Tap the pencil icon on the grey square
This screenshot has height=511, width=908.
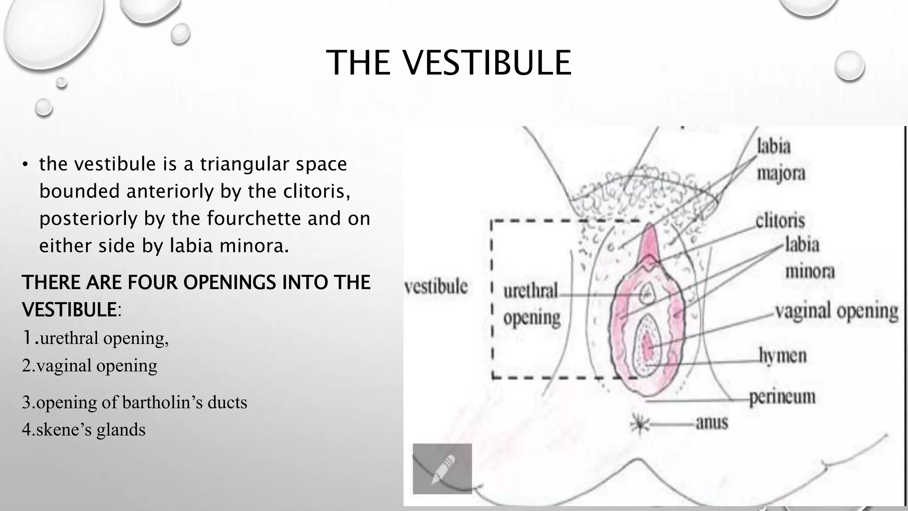442,468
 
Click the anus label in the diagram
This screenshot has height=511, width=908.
712,422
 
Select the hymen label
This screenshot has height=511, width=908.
783,356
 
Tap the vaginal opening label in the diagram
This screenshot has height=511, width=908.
837,311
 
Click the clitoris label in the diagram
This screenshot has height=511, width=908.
780,220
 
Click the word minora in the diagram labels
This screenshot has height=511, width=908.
810,271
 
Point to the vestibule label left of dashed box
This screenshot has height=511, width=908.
436,287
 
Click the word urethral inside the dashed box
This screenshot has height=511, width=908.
531,292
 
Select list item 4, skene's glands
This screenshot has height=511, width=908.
84,430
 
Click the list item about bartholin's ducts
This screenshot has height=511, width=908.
134,402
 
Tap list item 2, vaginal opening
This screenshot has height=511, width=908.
90,366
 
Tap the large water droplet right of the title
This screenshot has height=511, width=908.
849,66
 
